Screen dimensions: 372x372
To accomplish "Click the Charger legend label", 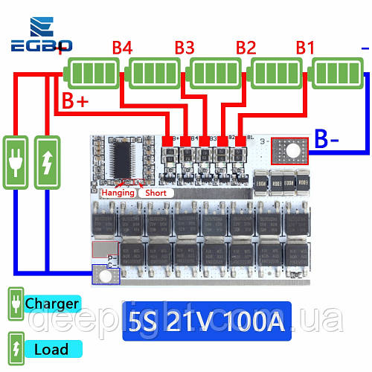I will click(x=51, y=304).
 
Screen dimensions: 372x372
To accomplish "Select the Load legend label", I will click(x=51, y=348).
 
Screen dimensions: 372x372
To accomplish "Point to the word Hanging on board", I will click(x=118, y=193).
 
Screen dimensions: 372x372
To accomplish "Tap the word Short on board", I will click(x=155, y=193).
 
